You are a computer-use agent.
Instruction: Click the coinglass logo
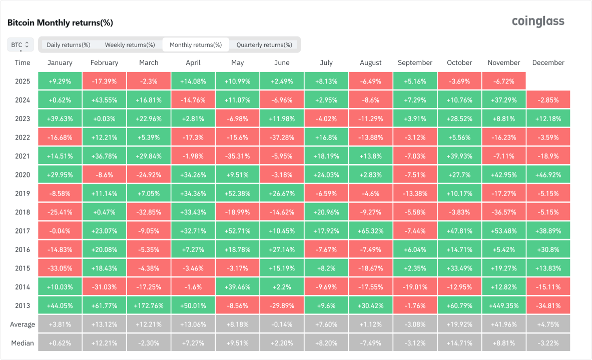[x=538, y=21]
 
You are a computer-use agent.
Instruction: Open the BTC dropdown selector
[x=21, y=44]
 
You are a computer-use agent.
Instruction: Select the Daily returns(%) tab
[x=69, y=45]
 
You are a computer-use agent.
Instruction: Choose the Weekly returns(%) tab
[x=130, y=45]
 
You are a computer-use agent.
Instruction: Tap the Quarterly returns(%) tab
[x=264, y=45]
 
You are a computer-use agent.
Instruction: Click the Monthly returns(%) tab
[x=196, y=45]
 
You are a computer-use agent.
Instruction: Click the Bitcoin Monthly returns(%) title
[x=60, y=22]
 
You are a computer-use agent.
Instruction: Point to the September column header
[x=415, y=63]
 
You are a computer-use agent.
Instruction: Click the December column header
[x=548, y=63]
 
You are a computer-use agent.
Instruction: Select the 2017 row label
[x=23, y=231]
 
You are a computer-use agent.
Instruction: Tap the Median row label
[x=23, y=343]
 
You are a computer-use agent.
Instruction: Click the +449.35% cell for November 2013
[x=504, y=305]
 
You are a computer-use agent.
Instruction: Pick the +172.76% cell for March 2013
[x=149, y=305]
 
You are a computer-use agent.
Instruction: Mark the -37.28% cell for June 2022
[x=282, y=137]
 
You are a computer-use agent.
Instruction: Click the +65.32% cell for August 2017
[x=370, y=231]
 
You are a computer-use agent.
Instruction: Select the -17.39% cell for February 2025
[x=104, y=81]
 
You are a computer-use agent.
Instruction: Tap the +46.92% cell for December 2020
[x=548, y=175]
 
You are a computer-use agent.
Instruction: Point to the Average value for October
[x=459, y=324]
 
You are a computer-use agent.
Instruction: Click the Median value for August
[x=370, y=343]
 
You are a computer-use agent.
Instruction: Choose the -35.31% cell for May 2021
[x=238, y=156]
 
